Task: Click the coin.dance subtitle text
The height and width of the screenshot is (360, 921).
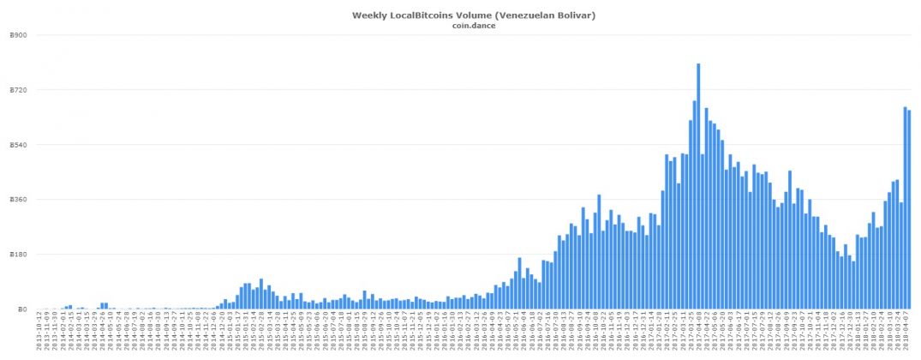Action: coord(474,26)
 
